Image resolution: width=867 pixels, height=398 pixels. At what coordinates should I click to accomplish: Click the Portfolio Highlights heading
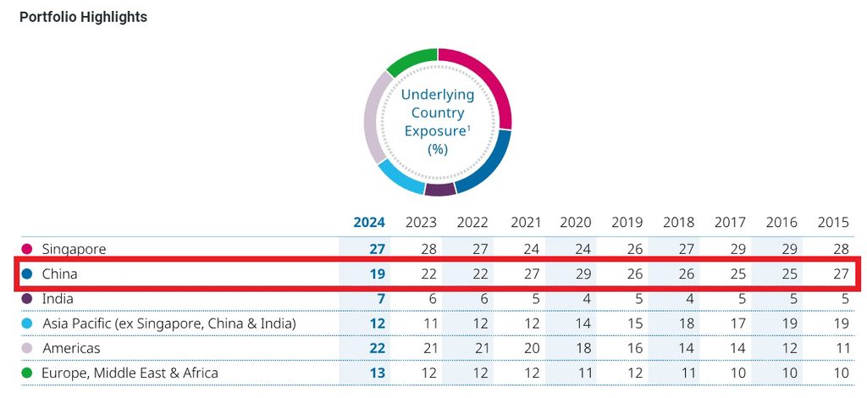coord(83,17)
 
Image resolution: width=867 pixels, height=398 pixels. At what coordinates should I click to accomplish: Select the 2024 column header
coord(368,223)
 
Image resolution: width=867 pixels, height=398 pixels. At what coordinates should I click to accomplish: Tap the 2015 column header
coord(833,223)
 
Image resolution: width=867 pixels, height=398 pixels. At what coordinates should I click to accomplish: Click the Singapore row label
coord(74,249)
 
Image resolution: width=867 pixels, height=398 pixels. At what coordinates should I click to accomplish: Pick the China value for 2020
coord(576,274)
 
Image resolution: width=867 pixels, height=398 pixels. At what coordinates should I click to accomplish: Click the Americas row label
coord(71,348)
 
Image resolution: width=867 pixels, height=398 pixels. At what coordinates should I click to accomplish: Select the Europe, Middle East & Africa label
coord(130,373)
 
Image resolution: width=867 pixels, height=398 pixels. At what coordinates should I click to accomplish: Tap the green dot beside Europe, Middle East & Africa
coord(27,373)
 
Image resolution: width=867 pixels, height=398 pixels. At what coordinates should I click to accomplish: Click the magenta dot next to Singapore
coord(27,249)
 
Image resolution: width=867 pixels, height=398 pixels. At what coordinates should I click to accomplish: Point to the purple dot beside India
coord(27,299)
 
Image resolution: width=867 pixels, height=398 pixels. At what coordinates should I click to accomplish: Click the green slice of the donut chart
coord(411,63)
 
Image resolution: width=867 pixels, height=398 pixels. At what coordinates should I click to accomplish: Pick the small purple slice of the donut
coord(439,188)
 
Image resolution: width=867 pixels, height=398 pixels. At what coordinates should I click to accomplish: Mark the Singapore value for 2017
coord(730,249)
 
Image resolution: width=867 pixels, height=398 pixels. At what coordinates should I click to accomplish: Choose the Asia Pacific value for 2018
coord(681,323)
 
